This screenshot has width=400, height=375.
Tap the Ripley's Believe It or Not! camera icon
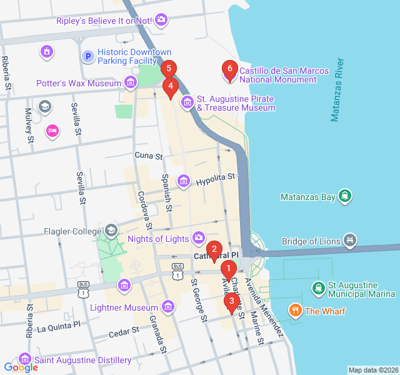pyautogui.click(x=161, y=21)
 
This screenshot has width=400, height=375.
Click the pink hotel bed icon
pyautogui.click(x=52, y=131)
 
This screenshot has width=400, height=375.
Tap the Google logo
pyautogui.click(x=21, y=367)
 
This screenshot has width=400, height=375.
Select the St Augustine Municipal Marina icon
pyautogui.click(x=318, y=287)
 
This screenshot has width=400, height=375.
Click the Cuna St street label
pyautogui.click(x=149, y=155)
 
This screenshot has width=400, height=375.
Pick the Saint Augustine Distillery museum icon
pyautogui.click(x=24, y=359)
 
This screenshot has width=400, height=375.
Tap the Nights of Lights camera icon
pyautogui.click(x=199, y=237)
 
